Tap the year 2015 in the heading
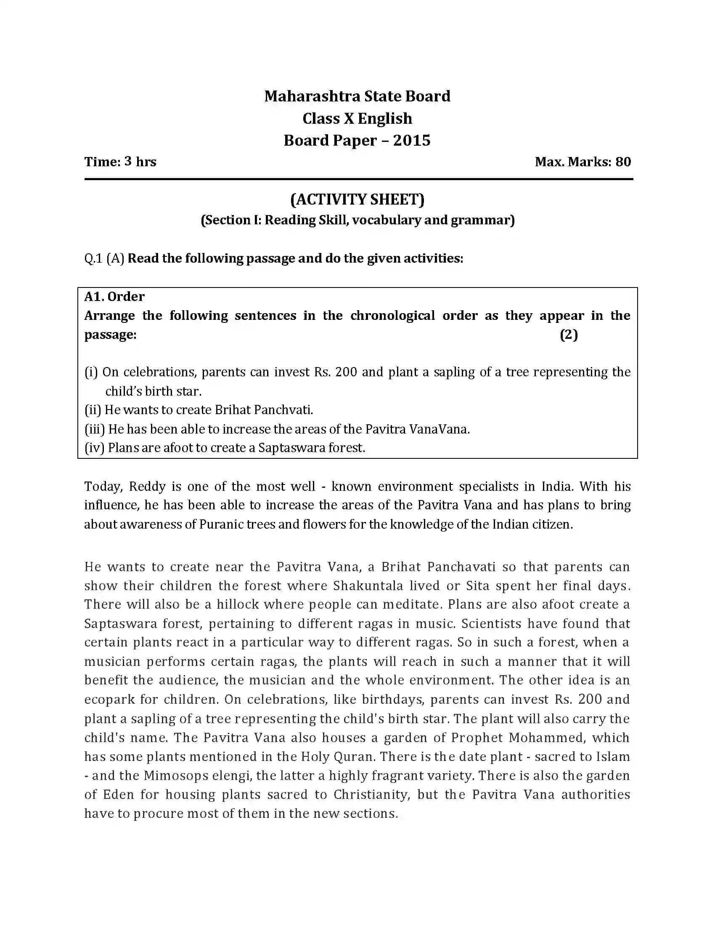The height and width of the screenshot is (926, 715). (411, 140)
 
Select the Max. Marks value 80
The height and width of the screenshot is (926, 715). (623, 162)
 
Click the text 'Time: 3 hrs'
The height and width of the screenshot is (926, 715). (120, 162)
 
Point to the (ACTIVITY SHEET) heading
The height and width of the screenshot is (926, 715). (357, 199)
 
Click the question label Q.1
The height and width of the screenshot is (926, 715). (93, 258)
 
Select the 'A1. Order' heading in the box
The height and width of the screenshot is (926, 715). (114, 296)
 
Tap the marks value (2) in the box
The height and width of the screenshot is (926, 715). (569, 335)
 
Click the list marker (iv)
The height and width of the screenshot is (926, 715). (94, 448)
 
